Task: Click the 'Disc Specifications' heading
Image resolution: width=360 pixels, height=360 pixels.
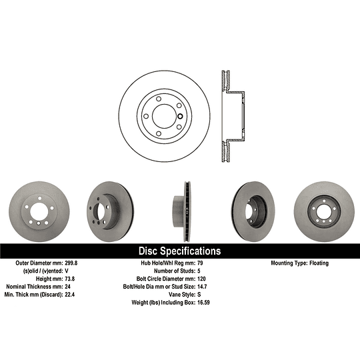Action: pos(179,251)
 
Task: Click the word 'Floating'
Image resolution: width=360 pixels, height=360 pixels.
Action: pos(318,263)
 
